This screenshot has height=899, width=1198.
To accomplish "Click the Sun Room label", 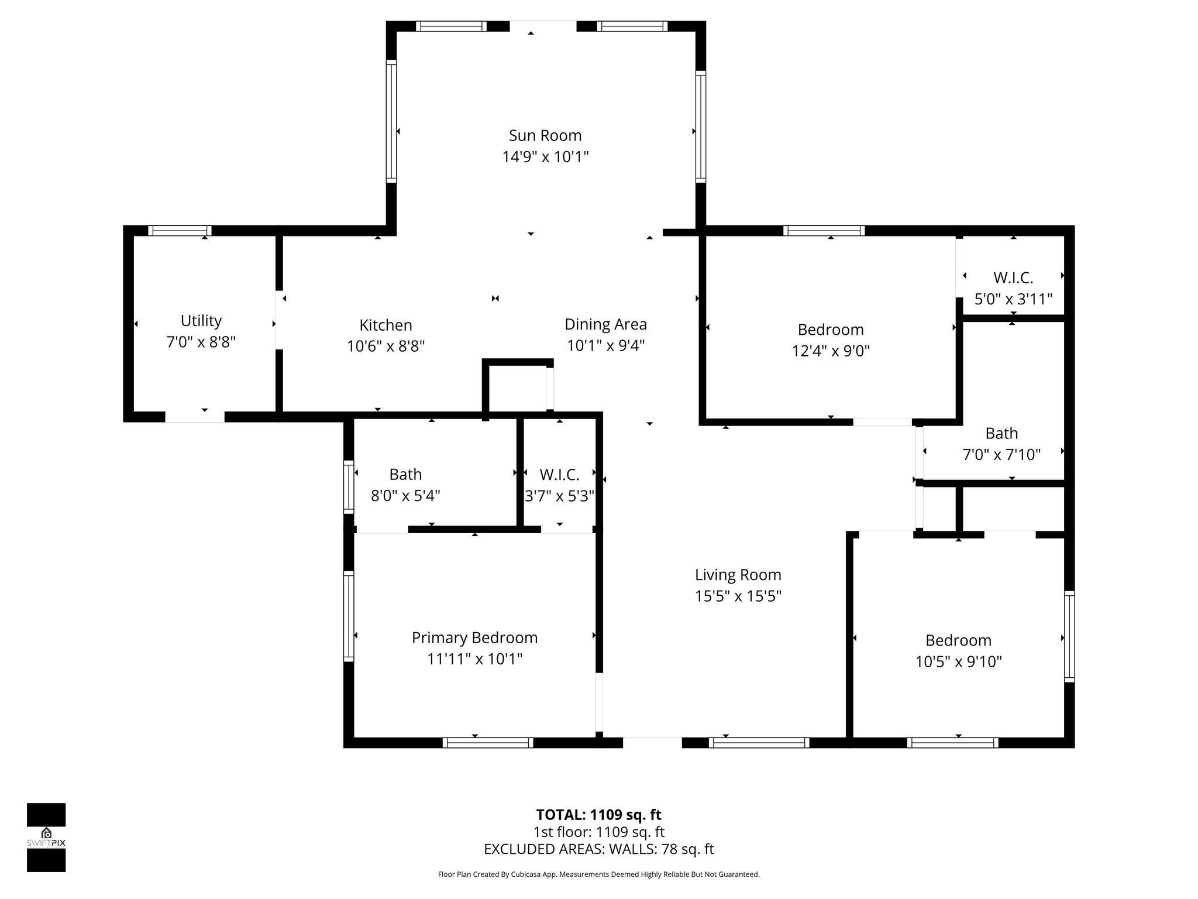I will (545, 136).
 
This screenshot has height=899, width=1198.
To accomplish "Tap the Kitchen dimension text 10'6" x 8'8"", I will (385, 346).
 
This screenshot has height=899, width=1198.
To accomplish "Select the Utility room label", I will (201, 321).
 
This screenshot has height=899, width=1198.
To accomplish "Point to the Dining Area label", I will (605, 324).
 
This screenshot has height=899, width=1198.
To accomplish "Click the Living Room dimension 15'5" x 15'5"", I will (738, 596).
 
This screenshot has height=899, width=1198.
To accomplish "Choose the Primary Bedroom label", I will (474, 637).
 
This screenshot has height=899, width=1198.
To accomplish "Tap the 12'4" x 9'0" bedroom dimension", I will (831, 351).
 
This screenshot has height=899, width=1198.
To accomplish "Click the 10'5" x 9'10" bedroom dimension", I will (958, 661).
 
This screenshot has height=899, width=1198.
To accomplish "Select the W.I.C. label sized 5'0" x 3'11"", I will (1013, 278).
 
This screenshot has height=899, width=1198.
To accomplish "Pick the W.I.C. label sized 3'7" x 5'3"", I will (559, 474).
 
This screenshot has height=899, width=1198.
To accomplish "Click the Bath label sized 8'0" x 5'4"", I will (405, 474).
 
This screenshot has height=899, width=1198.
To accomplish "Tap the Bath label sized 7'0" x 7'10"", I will (1001, 433).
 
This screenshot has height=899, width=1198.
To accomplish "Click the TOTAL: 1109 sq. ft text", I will (598, 815).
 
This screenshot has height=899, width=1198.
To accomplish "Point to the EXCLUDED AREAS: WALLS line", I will (598, 849).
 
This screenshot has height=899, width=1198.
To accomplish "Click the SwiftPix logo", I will (46, 837).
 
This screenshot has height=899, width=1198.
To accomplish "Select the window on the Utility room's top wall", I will (180, 231).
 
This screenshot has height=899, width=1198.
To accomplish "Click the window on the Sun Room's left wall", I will (391, 121).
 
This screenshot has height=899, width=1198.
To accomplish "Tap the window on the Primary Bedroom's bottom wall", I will (488, 743).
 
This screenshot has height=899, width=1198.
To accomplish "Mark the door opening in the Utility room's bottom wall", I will (195, 417).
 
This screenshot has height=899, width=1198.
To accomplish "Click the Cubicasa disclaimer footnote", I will (598, 874).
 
